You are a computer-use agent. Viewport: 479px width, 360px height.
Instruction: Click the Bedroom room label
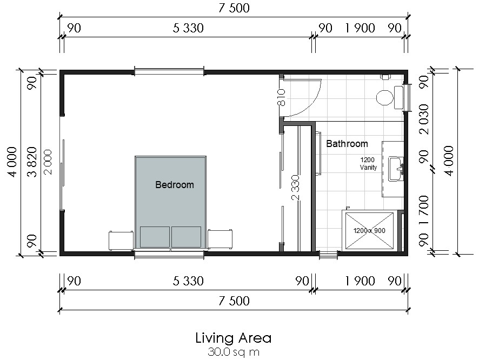pos(175,185)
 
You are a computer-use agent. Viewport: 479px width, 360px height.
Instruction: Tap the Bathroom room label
pos(347,143)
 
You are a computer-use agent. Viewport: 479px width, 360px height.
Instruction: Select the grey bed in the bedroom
pos(170,203)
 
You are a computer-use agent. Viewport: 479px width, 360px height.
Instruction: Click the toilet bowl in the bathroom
pos(384,98)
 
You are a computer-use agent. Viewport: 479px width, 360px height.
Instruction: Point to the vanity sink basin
pos(396,168)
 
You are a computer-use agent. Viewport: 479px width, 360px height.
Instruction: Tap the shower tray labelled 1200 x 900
pos(369,230)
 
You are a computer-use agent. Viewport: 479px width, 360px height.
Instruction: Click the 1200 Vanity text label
pos(368,163)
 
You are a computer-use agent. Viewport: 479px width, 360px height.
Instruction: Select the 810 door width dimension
pos(282,97)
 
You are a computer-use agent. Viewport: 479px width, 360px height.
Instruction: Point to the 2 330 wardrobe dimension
pos(295,188)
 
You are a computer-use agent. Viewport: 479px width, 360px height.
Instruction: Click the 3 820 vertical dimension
pos(32,162)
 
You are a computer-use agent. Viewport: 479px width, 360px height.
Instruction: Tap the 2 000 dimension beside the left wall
pos(48,162)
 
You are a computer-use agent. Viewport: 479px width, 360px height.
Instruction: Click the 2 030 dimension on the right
pos(424,119)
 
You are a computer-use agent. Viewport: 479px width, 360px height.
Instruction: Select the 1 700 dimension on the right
pos(424,210)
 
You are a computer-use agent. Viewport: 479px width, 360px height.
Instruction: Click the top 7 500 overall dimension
pos(234,8)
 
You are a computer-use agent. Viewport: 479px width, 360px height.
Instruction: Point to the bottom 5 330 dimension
pos(188,281)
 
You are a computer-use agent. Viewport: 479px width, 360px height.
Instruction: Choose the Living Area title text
pos(234,338)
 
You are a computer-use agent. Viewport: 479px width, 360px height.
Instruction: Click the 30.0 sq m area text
pos(234,352)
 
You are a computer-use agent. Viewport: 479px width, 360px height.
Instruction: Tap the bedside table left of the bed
pos(121,241)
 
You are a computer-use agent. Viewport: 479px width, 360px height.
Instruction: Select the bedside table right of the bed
pos(220,239)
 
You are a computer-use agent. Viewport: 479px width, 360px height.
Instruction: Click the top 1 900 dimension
pos(360,28)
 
